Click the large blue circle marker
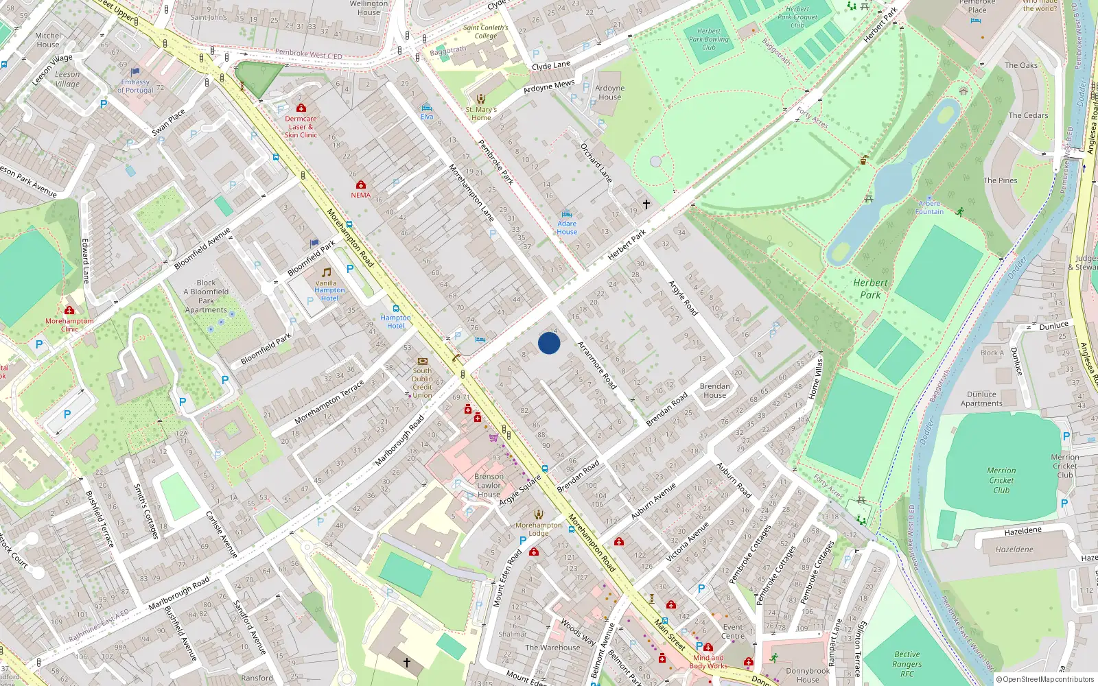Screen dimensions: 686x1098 [549, 343]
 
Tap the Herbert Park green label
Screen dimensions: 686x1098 [870, 289]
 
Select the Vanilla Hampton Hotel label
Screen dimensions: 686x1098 [329, 290]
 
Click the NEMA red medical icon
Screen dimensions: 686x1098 [360, 185]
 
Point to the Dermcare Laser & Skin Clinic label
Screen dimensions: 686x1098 [301, 127]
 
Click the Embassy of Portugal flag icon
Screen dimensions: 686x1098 [135, 71]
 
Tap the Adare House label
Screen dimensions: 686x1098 [567, 228]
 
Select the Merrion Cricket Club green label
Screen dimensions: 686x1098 [1001, 480]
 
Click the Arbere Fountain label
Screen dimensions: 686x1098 [929, 208]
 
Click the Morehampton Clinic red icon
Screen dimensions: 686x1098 [69, 310]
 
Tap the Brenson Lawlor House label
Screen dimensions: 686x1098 [489, 485]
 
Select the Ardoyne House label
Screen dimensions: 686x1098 [609, 93]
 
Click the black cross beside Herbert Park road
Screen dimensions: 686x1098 [646, 204]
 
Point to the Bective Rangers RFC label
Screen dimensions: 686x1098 [907, 664]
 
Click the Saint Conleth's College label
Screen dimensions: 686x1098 [485, 32]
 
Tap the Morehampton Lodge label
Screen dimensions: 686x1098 [539, 529]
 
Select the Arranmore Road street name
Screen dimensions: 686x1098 [596, 366]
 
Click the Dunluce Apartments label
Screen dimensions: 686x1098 [981, 399]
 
